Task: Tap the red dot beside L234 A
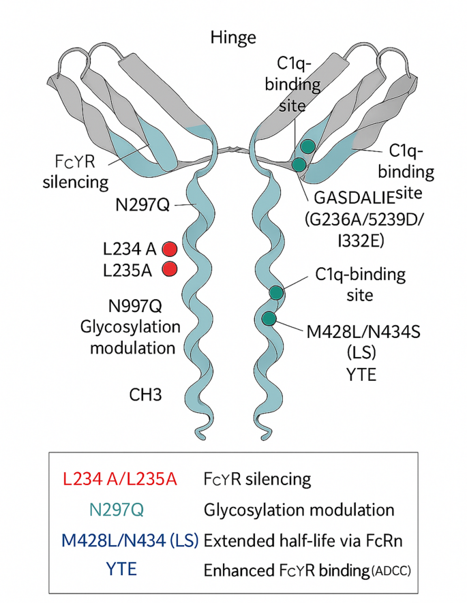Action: click(x=170, y=249)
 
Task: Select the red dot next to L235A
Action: click(x=170, y=269)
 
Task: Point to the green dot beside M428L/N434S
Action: click(x=269, y=318)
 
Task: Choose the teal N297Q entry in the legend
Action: click(x=120, y=509)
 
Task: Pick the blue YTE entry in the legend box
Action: click(x=120, y=568)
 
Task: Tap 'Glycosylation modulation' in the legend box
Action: click(x=299, y=509)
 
